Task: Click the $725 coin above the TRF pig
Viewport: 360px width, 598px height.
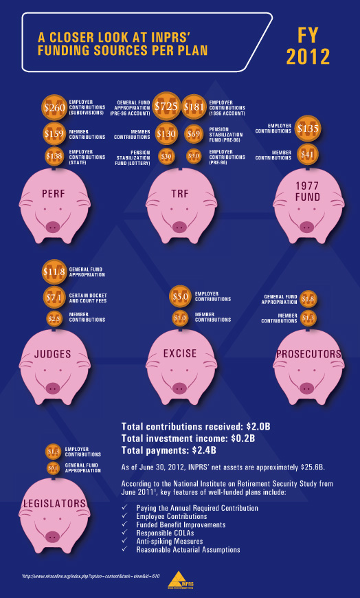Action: coord(166,107)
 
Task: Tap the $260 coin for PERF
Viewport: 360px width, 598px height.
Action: coord(54,108)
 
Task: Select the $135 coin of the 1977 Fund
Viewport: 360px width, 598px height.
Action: coord(307,128)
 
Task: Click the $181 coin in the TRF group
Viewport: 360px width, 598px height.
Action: coord(194,107)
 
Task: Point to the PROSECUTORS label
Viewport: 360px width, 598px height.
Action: coord(308,354)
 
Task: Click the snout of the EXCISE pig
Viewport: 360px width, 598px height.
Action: coord(179,386)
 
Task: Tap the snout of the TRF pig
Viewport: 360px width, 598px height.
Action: coord(179,225)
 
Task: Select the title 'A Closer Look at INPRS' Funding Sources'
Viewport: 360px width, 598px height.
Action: coord(123,45)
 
